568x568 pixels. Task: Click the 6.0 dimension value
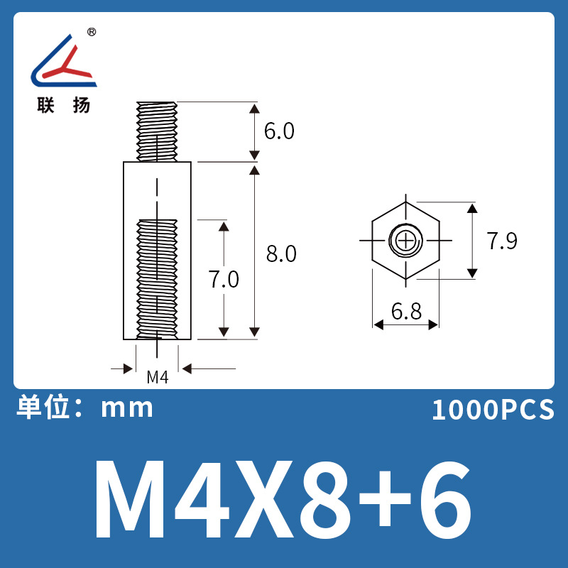point(279,132)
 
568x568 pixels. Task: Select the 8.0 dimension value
point(280,253)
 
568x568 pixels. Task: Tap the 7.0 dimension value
point(224,280)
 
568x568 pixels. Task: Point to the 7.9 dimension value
point(502,241)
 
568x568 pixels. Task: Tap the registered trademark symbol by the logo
point(92,33)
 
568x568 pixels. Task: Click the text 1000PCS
point(493,410)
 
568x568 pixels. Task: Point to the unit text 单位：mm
point(84,408)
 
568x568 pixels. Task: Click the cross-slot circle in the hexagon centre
point(405,241)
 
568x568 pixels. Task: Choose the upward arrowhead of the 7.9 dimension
point(471,208)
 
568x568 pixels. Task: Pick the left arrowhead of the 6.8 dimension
point(378,324)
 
